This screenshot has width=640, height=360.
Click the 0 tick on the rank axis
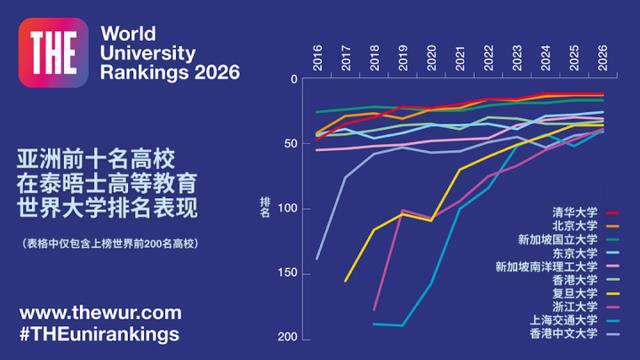tap(294, 79)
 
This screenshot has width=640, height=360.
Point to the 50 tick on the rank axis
tap(291, 144)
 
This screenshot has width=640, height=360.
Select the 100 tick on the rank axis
tap(288, 209)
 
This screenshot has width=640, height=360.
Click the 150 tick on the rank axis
tap(288, 273)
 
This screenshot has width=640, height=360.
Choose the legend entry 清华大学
tap(579, 214)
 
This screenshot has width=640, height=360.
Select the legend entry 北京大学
tap(579, 227)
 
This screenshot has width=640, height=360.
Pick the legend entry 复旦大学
tap(579, 294)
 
